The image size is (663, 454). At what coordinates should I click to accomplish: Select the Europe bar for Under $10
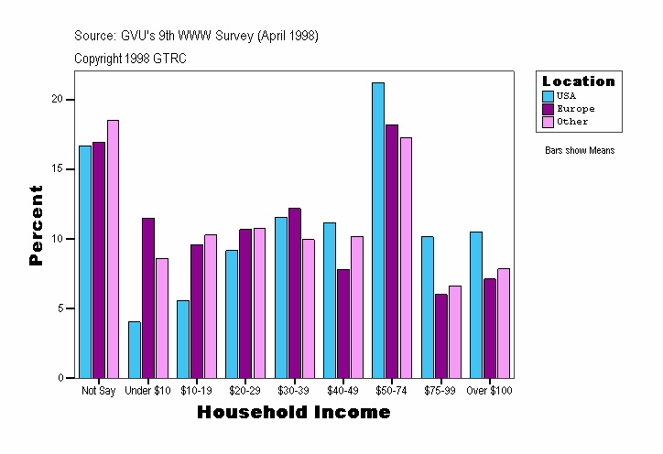[x=148, y=297]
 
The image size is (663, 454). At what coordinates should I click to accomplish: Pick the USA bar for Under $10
[x=135, y=350]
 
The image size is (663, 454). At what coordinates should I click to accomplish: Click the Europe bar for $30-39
[x=295, y=293]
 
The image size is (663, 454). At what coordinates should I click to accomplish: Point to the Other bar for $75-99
[x=455, y=331]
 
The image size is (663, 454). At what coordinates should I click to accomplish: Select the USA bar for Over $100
[x=476, y=305]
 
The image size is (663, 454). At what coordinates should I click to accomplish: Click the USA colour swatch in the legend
[x=548, y=96]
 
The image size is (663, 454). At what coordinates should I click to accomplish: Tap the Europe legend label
[x=575, y=109]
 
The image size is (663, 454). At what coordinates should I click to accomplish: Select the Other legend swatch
[x=548, y=122]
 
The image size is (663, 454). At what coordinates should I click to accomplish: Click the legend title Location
[x=579, y=81]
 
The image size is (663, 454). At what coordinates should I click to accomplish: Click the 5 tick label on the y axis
[x=59, y=308]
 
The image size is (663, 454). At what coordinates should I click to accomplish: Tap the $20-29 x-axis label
[x=245, y=391]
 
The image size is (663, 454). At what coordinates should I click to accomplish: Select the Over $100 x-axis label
[x=489, y=391]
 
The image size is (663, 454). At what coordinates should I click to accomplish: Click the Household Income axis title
[x=294, y=413]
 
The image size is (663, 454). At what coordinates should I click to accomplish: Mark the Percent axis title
[x=37, y=225]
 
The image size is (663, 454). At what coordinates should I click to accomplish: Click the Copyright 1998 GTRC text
[x=131, y=59]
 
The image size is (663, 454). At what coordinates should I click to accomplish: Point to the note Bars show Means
[x=580, y=151]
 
